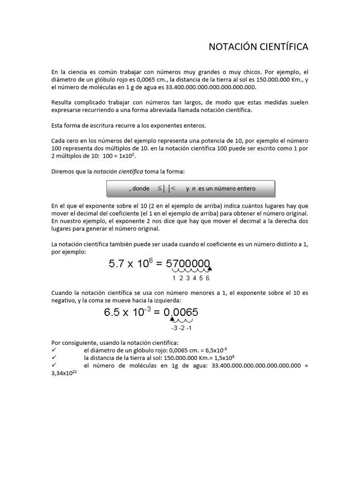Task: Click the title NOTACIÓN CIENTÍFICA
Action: coord(258,47)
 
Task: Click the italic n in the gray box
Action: coord(194,188)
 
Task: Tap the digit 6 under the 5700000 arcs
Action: coord(208,278)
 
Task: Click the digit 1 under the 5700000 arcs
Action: coord(174,278)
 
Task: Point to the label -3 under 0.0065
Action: coord(174,328)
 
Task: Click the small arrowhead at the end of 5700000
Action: coord(210,269)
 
